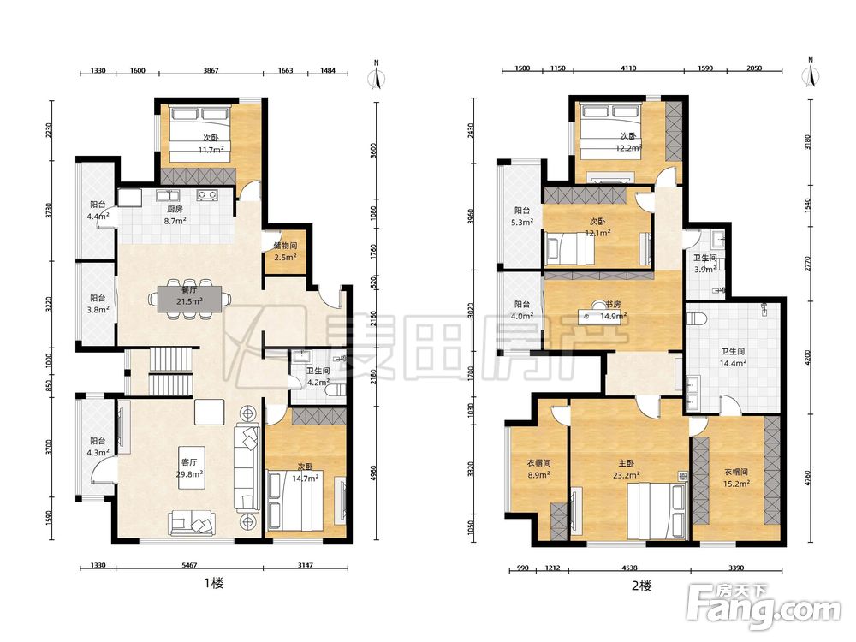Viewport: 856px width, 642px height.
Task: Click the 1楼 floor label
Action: (214, 583)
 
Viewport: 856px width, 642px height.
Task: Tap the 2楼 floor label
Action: (641, 586)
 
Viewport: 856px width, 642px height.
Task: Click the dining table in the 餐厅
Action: (190, 298)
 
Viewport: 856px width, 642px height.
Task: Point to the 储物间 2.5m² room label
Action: (285, 251)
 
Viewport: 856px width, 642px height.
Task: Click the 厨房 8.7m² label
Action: (175, 215)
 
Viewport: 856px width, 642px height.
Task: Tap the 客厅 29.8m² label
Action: (189, 468)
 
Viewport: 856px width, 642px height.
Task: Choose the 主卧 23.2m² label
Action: (627, 469)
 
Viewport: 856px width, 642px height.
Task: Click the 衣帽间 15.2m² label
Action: (736, 477)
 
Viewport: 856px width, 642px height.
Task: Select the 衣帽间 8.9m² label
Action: (538, 468)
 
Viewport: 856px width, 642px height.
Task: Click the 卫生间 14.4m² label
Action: (733, 357)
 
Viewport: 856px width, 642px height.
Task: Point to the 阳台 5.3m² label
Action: (522, 217)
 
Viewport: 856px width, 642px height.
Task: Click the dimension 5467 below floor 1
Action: (189, 565)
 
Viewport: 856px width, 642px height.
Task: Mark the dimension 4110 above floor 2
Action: (628, 68)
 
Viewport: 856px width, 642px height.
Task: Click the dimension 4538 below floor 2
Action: (629, 568)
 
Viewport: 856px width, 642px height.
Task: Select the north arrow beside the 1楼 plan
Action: (376, 74)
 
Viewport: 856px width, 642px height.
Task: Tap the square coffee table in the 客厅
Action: (209, 412)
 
